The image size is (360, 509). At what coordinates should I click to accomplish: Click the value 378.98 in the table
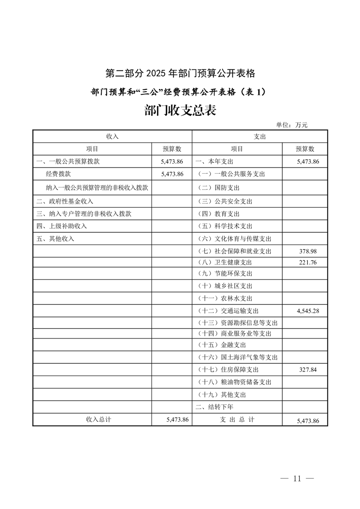click(x=308, y=251)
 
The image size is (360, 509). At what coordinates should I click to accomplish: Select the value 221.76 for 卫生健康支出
click(x=308, y=262)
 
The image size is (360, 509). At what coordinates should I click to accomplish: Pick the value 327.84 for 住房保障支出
click(x=308, y=370)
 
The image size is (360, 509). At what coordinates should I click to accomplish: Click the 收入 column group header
click(x=112, y=137)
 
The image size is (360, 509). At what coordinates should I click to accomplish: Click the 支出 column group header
click(x=260, y=137)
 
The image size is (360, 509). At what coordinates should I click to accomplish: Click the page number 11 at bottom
click(x=297, y=479)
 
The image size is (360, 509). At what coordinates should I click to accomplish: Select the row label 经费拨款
click(x=59, y=174)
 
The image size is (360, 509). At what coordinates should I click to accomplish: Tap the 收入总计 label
click(x=99, y=420)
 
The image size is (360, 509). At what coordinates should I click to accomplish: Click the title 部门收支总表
click(x=180, y=110)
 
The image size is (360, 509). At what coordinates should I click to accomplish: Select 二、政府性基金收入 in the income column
click(x=65, y=201)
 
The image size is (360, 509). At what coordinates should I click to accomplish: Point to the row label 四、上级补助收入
click(x=62, y=226)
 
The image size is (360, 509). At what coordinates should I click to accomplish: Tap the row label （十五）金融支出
click(x=222, y=345)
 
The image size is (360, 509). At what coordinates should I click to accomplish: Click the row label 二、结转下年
click(x=214, y=407)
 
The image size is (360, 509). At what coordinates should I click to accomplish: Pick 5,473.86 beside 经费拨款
click(x=172, y=174)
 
